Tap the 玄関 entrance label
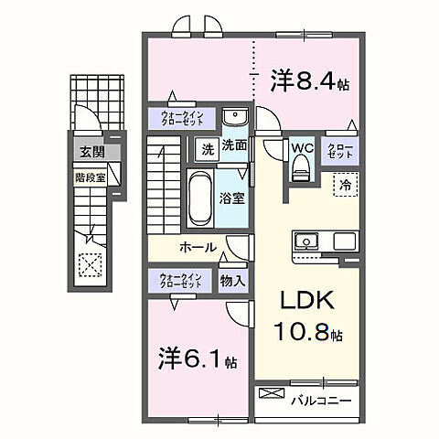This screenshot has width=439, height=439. coord(90,152)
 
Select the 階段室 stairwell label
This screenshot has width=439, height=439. coord(89,178)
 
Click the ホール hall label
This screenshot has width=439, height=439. coord(198,248)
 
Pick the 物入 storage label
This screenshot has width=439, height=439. coord(232,280)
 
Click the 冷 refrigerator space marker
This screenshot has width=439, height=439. coord(346,182)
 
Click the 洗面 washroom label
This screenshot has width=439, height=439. coord(234,145)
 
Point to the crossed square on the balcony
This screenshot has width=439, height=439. coord(273,394)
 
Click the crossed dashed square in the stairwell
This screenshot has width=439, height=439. coord(90,265)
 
